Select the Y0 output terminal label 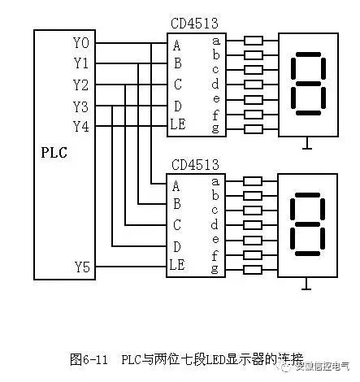tap(82, 43)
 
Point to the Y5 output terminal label tap(82, 266)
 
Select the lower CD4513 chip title tap(195, 166)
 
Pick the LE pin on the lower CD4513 tap(178, 266)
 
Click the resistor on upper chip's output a tap(253, 40)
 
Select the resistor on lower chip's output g tap(253, 269)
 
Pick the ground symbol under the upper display tap(306, 147)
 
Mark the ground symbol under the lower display tap(306, 286)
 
